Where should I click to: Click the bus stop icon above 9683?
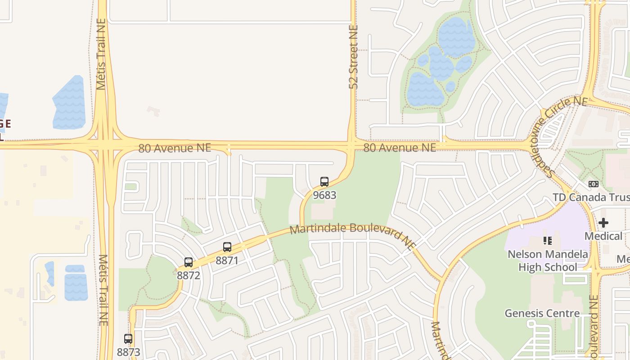click(324, 182)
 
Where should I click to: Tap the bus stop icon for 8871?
click(227, 247)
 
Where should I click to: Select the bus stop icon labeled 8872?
click(189, 262)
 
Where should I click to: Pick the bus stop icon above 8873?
click(128, 339)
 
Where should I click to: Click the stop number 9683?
click(324, 195)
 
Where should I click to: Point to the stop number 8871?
click(227, 261)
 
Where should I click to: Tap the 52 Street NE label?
click(353, 57)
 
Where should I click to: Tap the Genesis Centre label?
click(542, 313)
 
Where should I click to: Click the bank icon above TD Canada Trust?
click(593, 184)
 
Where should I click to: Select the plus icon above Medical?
click(603, 223)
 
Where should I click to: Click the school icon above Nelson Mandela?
click(548, 241)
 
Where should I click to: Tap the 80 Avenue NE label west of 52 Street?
click(175, 148)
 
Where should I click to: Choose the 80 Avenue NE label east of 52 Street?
click(400, 148)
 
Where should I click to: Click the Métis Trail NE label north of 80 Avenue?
click(101, 54)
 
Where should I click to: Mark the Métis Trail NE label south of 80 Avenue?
click(103, 290)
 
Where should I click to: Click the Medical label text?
click(603, 236)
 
